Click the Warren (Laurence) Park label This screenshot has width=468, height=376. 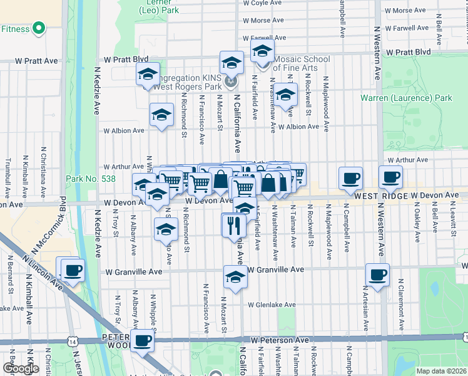coord(406,98)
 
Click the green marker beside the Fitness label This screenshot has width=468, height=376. coord(38,28)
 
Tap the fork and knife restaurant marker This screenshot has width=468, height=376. coord(234,224)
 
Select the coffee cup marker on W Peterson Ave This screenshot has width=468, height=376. coord(143,341)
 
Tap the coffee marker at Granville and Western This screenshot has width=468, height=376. coord(378,274)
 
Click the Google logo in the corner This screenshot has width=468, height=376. coord(21,368)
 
